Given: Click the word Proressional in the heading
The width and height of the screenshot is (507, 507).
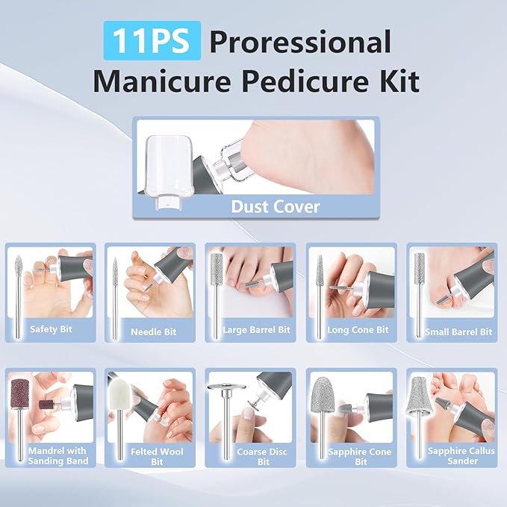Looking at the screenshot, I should coord(300,42).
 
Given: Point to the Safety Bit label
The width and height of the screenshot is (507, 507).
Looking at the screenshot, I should coord(51,329).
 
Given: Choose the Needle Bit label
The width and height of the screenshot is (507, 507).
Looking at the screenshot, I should coord(153,332).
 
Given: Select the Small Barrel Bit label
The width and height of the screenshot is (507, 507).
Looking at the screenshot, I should coord(458,332).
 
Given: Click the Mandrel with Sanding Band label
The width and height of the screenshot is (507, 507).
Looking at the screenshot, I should coord(57,456).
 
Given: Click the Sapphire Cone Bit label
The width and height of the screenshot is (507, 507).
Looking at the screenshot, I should coord(361,456).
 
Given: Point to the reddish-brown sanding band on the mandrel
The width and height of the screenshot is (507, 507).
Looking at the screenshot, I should coord(18,389).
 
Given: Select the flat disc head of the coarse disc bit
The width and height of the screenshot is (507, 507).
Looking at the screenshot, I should coord(224,387).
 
